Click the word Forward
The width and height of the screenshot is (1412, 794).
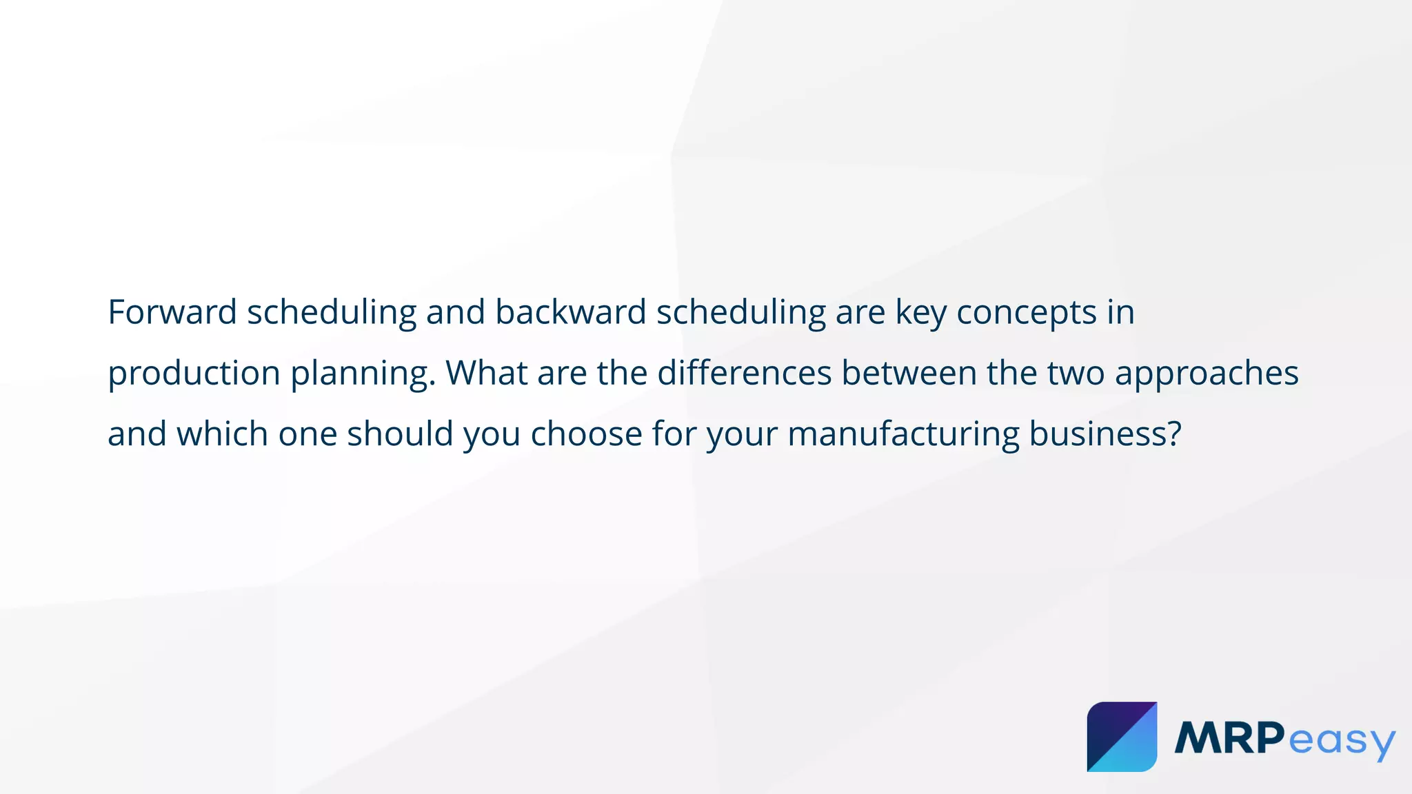coord(172,312)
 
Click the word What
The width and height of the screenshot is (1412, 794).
coord(486,373)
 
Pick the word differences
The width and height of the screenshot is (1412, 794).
coord(744,373)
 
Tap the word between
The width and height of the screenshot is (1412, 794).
coord(909,373)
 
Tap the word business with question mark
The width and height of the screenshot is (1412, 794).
coord(1105,434)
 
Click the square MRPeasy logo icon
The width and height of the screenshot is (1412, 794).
coord(1122,737)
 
